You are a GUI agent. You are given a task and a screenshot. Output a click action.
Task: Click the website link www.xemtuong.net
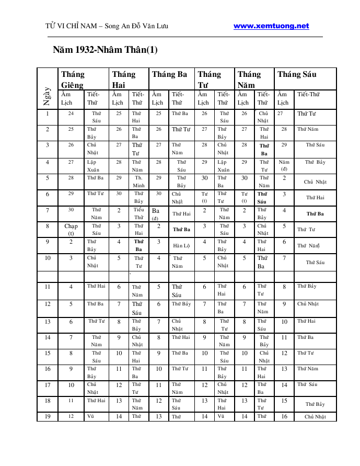[x=271, y=26]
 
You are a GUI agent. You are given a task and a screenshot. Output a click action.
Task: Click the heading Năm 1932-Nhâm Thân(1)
[x=105, y=50]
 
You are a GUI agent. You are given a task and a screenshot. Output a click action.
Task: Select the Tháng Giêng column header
[x=73, y=79]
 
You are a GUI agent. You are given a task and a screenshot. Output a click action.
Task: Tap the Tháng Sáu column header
[x=297, y=74]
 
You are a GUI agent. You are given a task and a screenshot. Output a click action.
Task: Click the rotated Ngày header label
[x=47, y=96]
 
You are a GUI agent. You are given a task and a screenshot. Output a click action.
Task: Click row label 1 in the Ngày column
[x=47, y=113]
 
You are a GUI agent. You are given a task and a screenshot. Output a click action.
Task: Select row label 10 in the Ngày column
[x=47, y=258]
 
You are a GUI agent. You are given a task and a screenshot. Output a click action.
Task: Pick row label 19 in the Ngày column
[x=47, y=416]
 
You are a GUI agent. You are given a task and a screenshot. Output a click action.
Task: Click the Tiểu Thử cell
[x=138, y=213]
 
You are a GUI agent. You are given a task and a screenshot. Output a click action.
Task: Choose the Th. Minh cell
[x=138, y=181]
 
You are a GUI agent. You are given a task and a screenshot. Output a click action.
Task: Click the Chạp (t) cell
[x=71, y=230]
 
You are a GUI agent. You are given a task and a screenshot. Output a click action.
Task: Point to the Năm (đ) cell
[x=284, y=165]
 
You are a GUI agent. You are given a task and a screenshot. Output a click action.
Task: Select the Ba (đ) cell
[x=156, y=214]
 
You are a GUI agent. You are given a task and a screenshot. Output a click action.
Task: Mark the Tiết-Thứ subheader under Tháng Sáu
[x=308, y=94]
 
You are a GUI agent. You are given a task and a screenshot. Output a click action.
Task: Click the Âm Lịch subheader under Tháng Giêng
[x=66, y=98]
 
